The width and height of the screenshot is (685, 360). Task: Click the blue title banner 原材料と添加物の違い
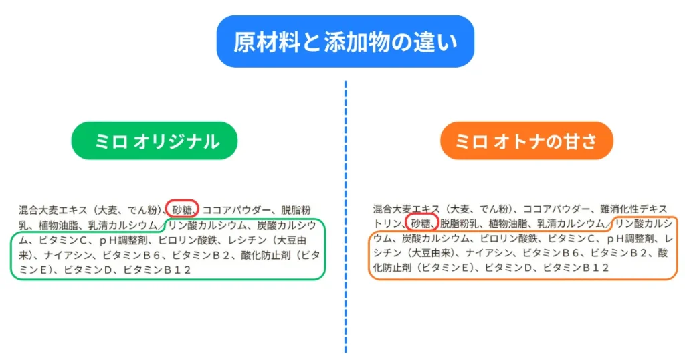coord(345,41)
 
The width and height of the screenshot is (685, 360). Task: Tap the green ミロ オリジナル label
coord(155,141)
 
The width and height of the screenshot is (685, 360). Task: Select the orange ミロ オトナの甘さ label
coord(526,141)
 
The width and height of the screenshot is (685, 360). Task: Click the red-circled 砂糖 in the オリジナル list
coord(182,209)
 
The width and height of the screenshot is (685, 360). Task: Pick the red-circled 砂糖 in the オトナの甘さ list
coord(422,223)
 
